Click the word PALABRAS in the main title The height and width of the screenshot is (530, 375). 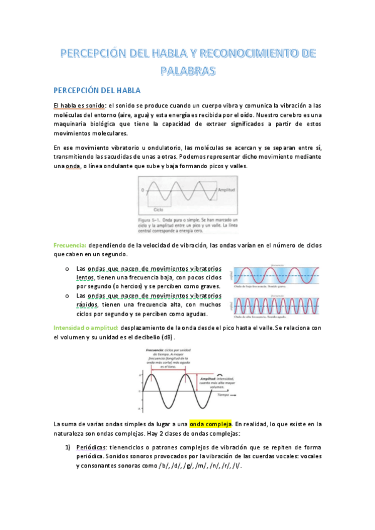tap(187, 70)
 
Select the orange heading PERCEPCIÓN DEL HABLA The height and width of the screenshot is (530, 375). tap(97, 91)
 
